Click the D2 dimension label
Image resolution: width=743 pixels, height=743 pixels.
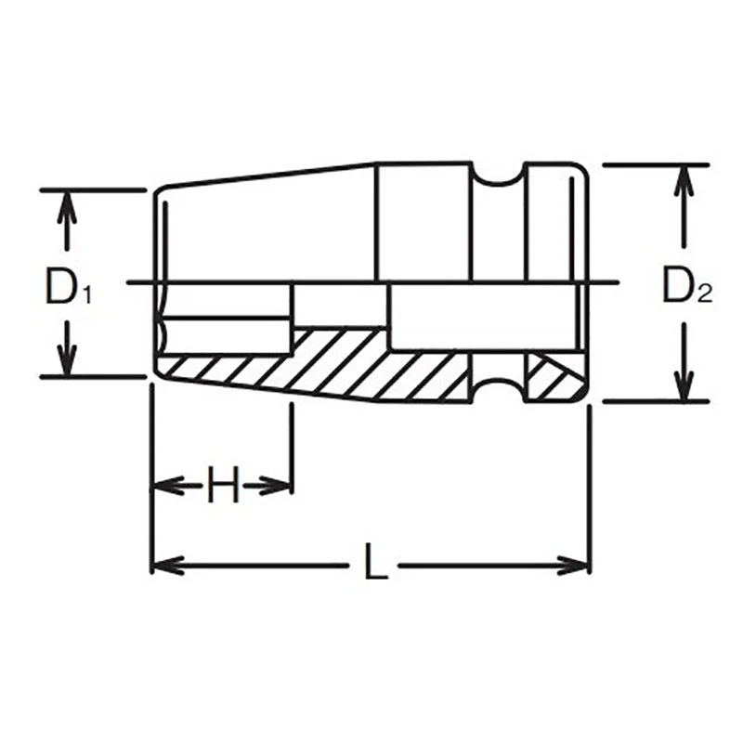[x=685, y=287]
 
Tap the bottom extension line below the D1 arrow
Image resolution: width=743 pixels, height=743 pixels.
[x=93, y=377]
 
